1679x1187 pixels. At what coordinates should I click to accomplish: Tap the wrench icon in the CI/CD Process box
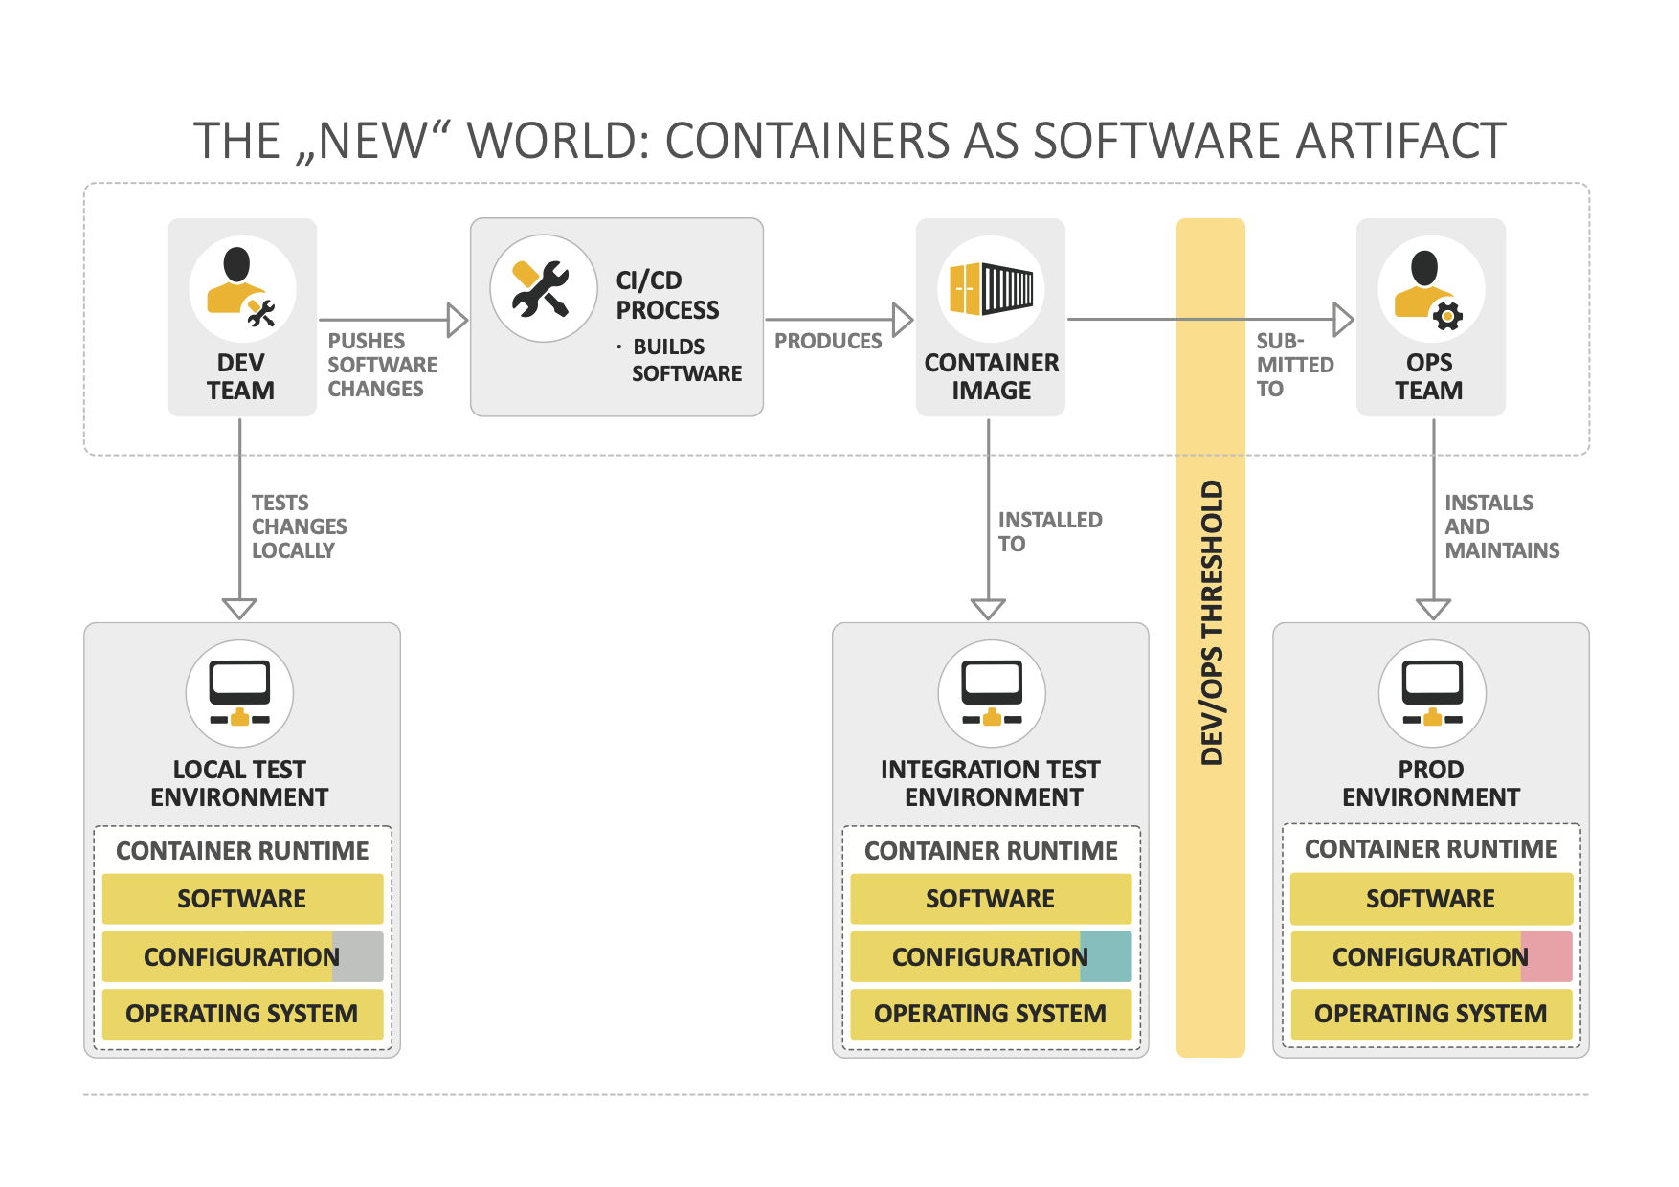(542, 288)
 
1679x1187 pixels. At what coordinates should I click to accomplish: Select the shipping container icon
(991, 288)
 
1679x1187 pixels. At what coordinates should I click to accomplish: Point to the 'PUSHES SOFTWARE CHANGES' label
(382, 365)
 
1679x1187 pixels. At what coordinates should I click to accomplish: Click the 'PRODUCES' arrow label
(828, 341)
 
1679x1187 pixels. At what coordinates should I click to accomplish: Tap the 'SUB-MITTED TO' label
(1294, 365)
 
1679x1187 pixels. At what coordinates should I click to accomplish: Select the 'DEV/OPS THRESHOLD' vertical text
(1212, 622)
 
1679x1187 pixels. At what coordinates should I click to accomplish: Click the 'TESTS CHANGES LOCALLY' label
(299, 526)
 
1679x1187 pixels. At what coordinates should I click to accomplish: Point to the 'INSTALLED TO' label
(1049, 531)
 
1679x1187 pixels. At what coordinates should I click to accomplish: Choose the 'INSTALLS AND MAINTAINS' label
(1501, 526)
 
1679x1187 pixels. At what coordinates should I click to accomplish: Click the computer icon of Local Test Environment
(239, 693)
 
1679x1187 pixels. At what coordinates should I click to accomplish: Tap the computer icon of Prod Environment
(1432, 693)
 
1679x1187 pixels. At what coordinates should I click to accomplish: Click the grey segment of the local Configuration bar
(358, 956)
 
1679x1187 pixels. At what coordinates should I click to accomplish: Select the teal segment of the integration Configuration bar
(1106, 956)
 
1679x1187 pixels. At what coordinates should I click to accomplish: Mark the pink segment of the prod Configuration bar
(1547, 956)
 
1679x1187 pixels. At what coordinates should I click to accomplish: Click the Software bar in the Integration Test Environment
(991, 899)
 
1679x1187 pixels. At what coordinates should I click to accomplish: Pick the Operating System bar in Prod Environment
(1431, 1014)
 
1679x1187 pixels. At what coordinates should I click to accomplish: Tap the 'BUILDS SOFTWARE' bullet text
(685, 360)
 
